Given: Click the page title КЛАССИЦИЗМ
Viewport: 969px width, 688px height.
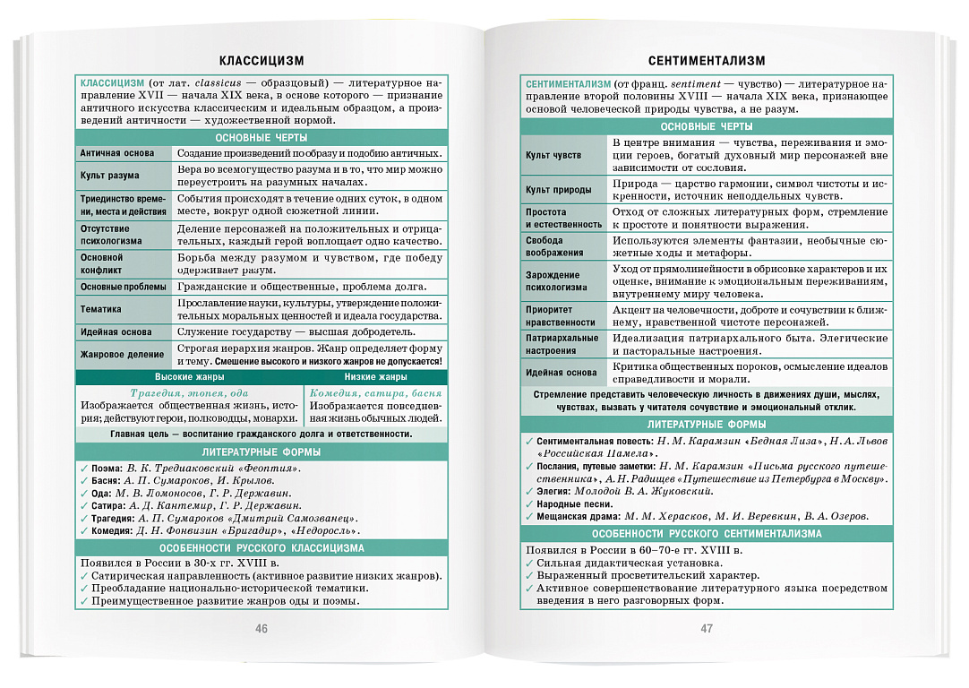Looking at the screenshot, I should point(262,61).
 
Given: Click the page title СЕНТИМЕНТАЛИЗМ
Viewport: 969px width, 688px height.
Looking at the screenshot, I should point(707,61).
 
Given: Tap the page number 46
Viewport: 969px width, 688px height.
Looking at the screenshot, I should point(262,628).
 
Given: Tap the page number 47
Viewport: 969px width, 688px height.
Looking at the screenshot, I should point(707,628).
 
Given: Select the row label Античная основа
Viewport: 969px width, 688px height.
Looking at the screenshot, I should point(116,153).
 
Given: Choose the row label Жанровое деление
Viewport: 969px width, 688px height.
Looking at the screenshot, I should point(122,354).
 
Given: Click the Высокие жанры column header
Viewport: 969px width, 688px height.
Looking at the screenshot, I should point(190,377).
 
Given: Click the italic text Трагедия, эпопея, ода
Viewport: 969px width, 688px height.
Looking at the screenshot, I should point(190,393).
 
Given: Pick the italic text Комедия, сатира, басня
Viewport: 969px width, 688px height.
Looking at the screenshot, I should point(375,393).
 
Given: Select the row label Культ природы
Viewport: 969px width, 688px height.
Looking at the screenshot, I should point(558,190).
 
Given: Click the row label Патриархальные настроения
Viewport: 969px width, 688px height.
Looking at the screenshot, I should point(562,344).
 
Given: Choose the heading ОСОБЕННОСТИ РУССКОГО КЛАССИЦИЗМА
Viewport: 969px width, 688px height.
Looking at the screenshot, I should point(262,547).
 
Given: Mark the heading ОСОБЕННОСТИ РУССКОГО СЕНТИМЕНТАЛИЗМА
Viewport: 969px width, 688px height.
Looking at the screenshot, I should point(707,533).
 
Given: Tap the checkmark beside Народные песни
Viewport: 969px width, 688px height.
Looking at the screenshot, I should point(529,503).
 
